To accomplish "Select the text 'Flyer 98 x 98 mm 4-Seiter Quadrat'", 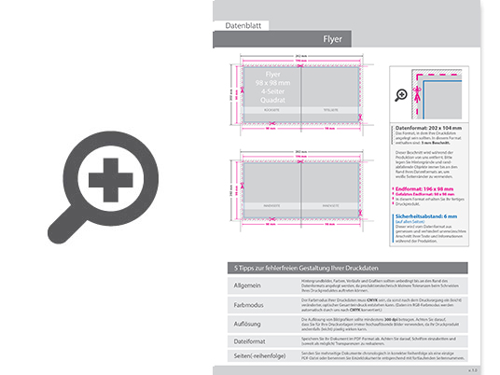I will [272, 87].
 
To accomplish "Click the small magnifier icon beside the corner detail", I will [402, 94].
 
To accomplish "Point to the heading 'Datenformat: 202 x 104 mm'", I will [428, 125].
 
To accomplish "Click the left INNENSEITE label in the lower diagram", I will [271, 203].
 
